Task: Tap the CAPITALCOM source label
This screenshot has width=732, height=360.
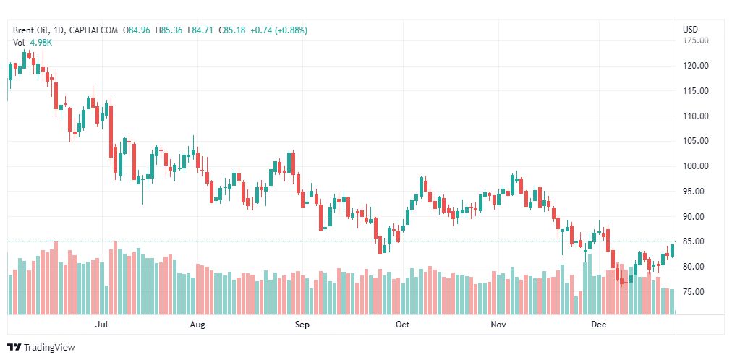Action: (93, 30)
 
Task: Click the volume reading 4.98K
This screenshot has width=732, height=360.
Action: (41, 43)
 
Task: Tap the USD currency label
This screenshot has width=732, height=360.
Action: (690, 30)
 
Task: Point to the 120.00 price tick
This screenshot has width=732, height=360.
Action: (696, 66)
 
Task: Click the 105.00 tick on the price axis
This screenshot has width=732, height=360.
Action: (696, 141)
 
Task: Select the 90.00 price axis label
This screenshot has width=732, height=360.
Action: (696, 217)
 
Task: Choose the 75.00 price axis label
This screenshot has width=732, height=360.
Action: (696, 292)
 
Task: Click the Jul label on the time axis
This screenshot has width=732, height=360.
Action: (102, 325)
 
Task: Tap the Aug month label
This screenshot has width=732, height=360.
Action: (197, 325)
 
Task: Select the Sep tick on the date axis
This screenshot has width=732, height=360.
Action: (302, 325)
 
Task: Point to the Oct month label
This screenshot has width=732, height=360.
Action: (402, 325)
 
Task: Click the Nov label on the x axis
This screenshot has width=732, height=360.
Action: (498, 325)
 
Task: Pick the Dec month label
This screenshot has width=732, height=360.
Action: (598, 325)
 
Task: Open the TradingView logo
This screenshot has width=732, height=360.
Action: (41, 348)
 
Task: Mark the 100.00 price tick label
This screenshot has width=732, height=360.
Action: (696, 166)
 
